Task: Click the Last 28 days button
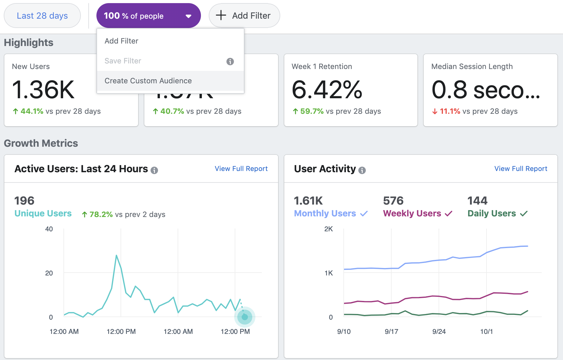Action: click(x=42, y=16)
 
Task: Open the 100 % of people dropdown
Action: click(x=148, y=16)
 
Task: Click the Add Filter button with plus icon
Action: click(x=244, y=16)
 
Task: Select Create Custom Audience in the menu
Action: click(x=148, y=81)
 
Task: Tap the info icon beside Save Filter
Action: click(x=230, y=61)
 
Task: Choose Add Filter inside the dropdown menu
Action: click(x=121, y=41)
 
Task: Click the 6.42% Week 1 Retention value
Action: click(x=327, y=90)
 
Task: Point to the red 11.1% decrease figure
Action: click(x=450, y=111)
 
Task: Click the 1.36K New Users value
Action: click(x=43, y=90)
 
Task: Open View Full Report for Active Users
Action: click(x=241, y=168)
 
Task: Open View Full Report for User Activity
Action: click(x=521, y=168)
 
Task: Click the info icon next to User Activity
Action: click(x=362, y=170)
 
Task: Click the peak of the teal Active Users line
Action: click(x=116, y=256)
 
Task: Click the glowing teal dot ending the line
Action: click(x=245, y=317)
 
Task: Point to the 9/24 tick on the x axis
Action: click(x=439, y=331)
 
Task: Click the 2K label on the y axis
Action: click(x=328, y=229)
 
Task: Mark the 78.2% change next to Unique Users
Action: click(x=101, y=215)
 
